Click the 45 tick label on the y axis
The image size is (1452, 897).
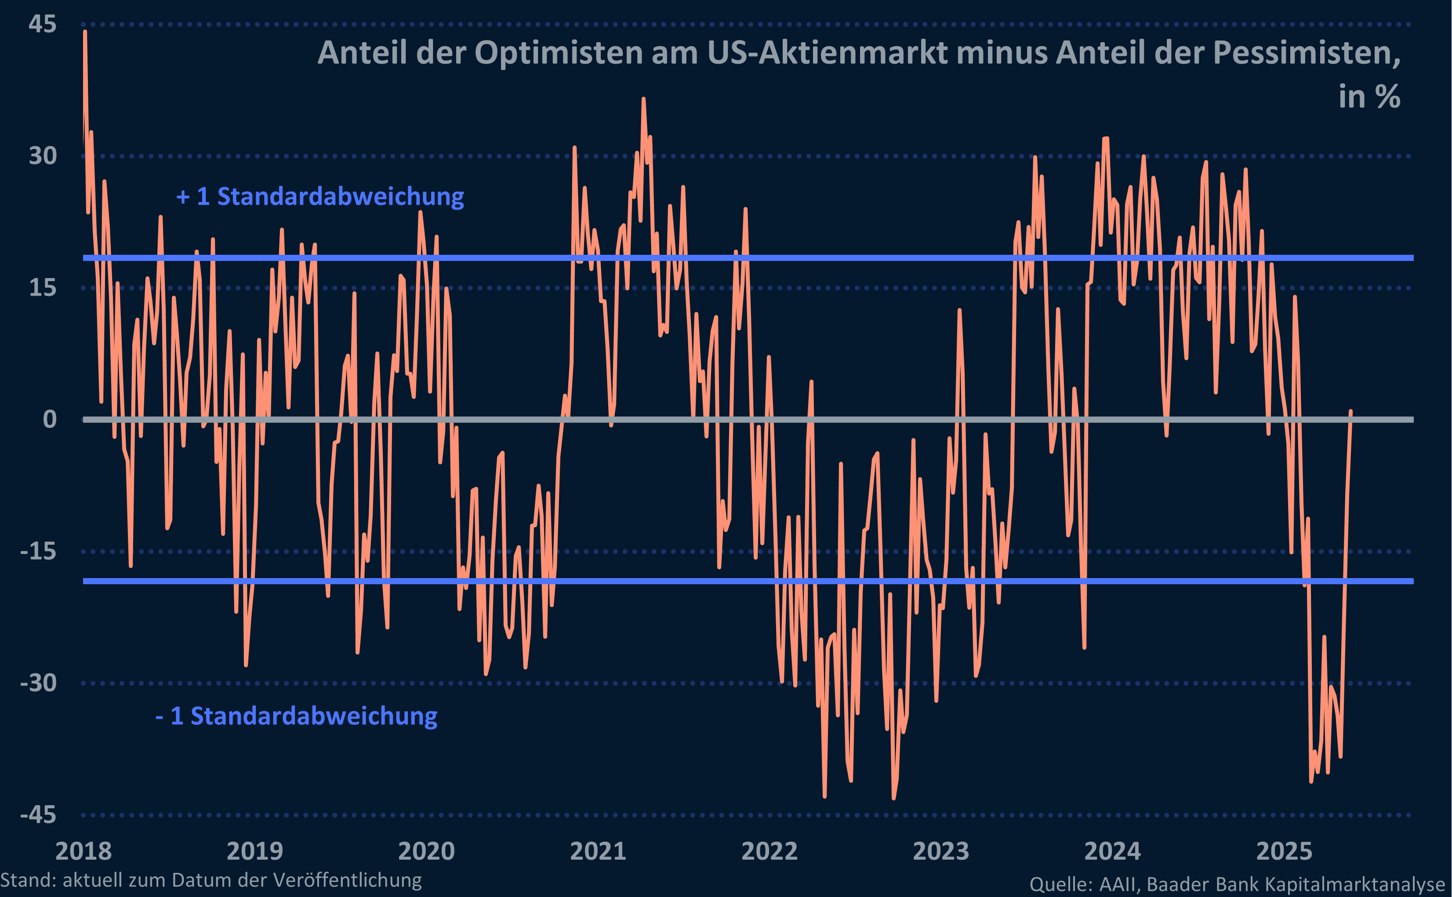tap(42, 24)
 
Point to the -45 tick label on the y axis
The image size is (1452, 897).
tap(38, 814)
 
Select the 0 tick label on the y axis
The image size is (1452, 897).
tap(50, 420)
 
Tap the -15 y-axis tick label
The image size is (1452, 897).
tap(38, 551)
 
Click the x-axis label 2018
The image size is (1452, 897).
tap(83, 851)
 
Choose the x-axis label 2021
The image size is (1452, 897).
tap(598, 851)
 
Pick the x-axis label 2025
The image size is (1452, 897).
tap(1284, 851)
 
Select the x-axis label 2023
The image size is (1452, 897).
tap(940, 851)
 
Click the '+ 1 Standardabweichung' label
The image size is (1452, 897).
tap(320, 196)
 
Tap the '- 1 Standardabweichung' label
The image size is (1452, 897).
tap(296, 716)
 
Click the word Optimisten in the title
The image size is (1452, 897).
tap(559, 53)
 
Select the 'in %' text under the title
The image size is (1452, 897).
tap(1369, 96)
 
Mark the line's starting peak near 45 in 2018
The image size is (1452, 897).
tap(85, 32)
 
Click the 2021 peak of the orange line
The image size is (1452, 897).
tap(643, 99)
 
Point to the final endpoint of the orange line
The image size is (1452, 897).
tap(1350, 411)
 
